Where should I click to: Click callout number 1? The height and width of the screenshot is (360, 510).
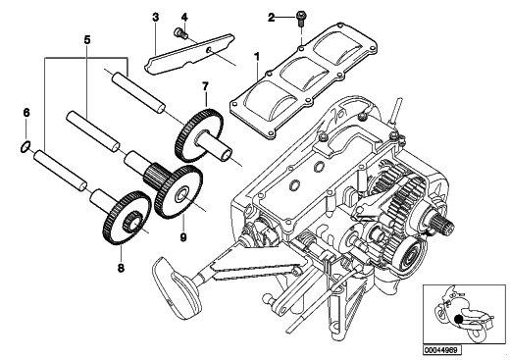tap(257, 57)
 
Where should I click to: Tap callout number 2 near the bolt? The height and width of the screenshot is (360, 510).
tap(272, 18)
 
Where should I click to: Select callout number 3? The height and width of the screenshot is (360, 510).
tap(156, 17)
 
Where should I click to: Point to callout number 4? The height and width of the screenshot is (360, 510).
tap(184, 17)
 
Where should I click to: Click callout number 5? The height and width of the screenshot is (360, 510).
tap(87, 40)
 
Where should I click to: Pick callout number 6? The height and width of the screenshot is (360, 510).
tap(26, 113)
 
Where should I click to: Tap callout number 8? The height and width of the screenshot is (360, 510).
tap(121, 268)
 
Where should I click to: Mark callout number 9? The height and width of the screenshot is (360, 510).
tap(183, 237)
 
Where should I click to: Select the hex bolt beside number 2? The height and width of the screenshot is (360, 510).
tap(300, 19)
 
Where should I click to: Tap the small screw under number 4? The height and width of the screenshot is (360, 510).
tap(180, 33)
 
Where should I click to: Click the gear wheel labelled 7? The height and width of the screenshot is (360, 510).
tap(200, 135)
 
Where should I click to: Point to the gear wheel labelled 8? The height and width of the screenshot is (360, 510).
tap(127, 219)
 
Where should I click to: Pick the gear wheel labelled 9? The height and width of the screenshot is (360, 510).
tap(178, 192)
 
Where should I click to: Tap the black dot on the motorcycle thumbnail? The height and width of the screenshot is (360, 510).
tap(459, 320)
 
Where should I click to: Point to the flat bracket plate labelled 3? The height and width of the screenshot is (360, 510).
tap(189, 54)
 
